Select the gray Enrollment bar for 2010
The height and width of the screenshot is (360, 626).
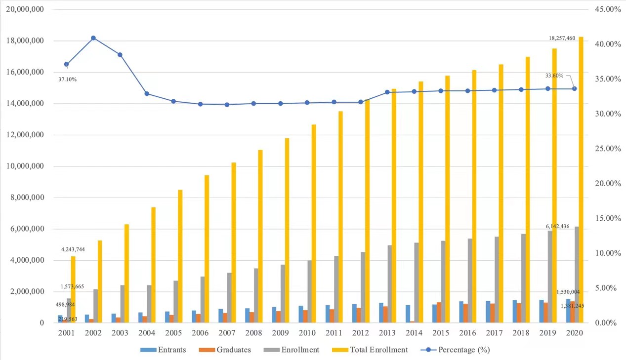pyautogui.click(x=309, y=291)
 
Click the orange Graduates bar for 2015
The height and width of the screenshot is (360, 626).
pyautogui.click(x=439, y=312)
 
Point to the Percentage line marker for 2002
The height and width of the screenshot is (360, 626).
pyautogui.click(x=93, y=38)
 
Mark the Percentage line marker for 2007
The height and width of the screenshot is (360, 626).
pyautogui.click(x=227, y=105)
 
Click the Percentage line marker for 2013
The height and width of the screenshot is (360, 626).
pyautogui.click(x=387, y=92)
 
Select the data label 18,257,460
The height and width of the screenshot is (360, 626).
pyautogui.click(x=562, y=38)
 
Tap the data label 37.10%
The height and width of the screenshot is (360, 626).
pyautogui.click(x=68, y=79)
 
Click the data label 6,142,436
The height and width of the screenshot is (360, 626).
pyautogui.click(x=557, y=226)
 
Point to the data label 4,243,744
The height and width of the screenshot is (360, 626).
pyautogui.click(x=73, y=249)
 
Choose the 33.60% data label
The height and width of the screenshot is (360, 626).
pyautogui.click(x=554, y=76)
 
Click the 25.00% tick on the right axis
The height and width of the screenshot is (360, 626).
pyautogui.click(x=607, y=149)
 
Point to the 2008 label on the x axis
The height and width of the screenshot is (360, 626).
pyautogui.click(x=253, y=333)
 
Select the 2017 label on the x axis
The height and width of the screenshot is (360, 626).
pyautogui.click(x=494, y=333)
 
